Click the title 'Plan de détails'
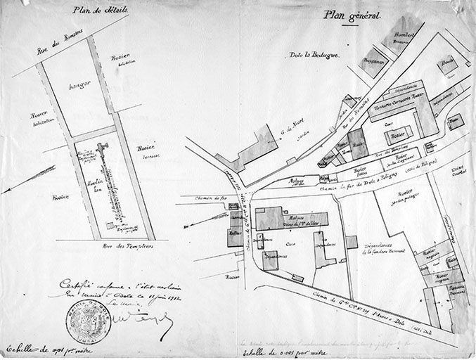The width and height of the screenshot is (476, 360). tap(98, 10)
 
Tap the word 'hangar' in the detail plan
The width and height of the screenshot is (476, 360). tap(82, 85)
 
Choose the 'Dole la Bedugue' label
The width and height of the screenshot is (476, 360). tap(314, 55)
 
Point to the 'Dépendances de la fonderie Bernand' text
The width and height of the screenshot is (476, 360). tap(386, 247)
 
